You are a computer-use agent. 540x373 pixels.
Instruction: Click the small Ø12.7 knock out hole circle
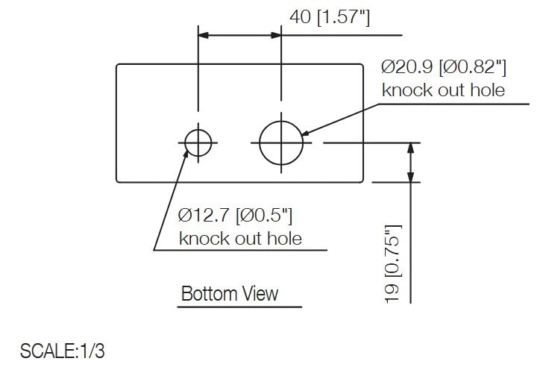(x=198, y=142)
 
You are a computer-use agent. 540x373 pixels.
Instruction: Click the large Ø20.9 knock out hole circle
(x=281, y=142)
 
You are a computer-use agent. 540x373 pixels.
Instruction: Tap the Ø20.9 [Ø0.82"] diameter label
(x=444, y=67)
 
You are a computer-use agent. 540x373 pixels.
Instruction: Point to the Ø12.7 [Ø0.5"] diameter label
(x=235, y=216)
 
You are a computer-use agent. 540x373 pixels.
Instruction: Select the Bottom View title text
(x=230, y=293)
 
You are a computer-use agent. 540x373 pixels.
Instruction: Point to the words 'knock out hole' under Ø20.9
(x=443, y=90)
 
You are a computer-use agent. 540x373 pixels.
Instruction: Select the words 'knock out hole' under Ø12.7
(x=240, y=239)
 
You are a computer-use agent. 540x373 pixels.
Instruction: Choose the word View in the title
(x=260, y=293)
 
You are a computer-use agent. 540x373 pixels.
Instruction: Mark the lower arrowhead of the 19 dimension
(x=409, y=176)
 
